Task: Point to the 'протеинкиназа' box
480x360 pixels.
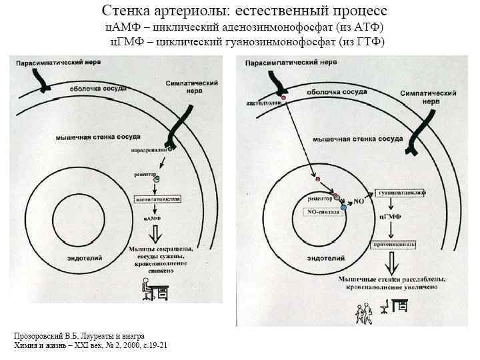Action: pos(399,245)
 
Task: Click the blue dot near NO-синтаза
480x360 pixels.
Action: pos(344,208)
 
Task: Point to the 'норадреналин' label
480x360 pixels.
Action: pos(151,150)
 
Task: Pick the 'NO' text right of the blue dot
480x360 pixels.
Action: pos(358,200)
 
